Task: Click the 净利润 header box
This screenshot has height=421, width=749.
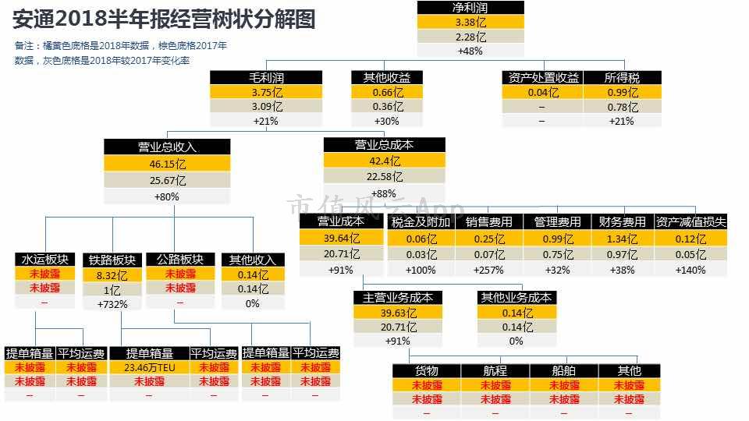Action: click(x=470, y=8)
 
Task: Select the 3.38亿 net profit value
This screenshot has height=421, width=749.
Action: click(x=470, y=22)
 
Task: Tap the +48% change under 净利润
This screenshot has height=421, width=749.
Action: click(x=470, y=51)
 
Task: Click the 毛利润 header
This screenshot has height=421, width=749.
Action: click(x=266, y=77)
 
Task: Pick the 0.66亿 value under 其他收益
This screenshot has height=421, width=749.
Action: click(x=388, y=92)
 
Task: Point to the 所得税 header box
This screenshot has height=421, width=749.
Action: click(x=622, y=77)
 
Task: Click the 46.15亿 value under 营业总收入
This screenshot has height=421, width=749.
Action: click(x=167, y=164)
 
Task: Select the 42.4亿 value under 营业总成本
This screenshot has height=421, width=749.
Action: click(x=385, y=161)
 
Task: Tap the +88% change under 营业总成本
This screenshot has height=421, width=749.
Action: click(x=384, y=193)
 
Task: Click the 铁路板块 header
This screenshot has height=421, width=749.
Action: click(x=112, y=260)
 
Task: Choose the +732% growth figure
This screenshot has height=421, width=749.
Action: click(x=112, y=304)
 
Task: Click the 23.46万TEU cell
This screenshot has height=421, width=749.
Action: click(x=150, y=367)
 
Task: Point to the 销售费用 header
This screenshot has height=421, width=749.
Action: click(x=488, y=222)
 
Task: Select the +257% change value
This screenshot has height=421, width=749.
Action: click(x=488, y=270)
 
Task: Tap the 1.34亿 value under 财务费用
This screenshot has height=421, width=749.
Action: click(x=622, y=239)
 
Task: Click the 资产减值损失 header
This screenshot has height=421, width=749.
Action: click(x=690, y=222)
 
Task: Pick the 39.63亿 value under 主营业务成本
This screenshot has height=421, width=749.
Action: click(x=399, y=313)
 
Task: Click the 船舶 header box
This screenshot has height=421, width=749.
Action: click(x=563, y=371)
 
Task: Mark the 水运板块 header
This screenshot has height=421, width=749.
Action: click(x=45, y=259)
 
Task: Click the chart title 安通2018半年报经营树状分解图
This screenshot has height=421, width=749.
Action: click(x=164, y=19)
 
